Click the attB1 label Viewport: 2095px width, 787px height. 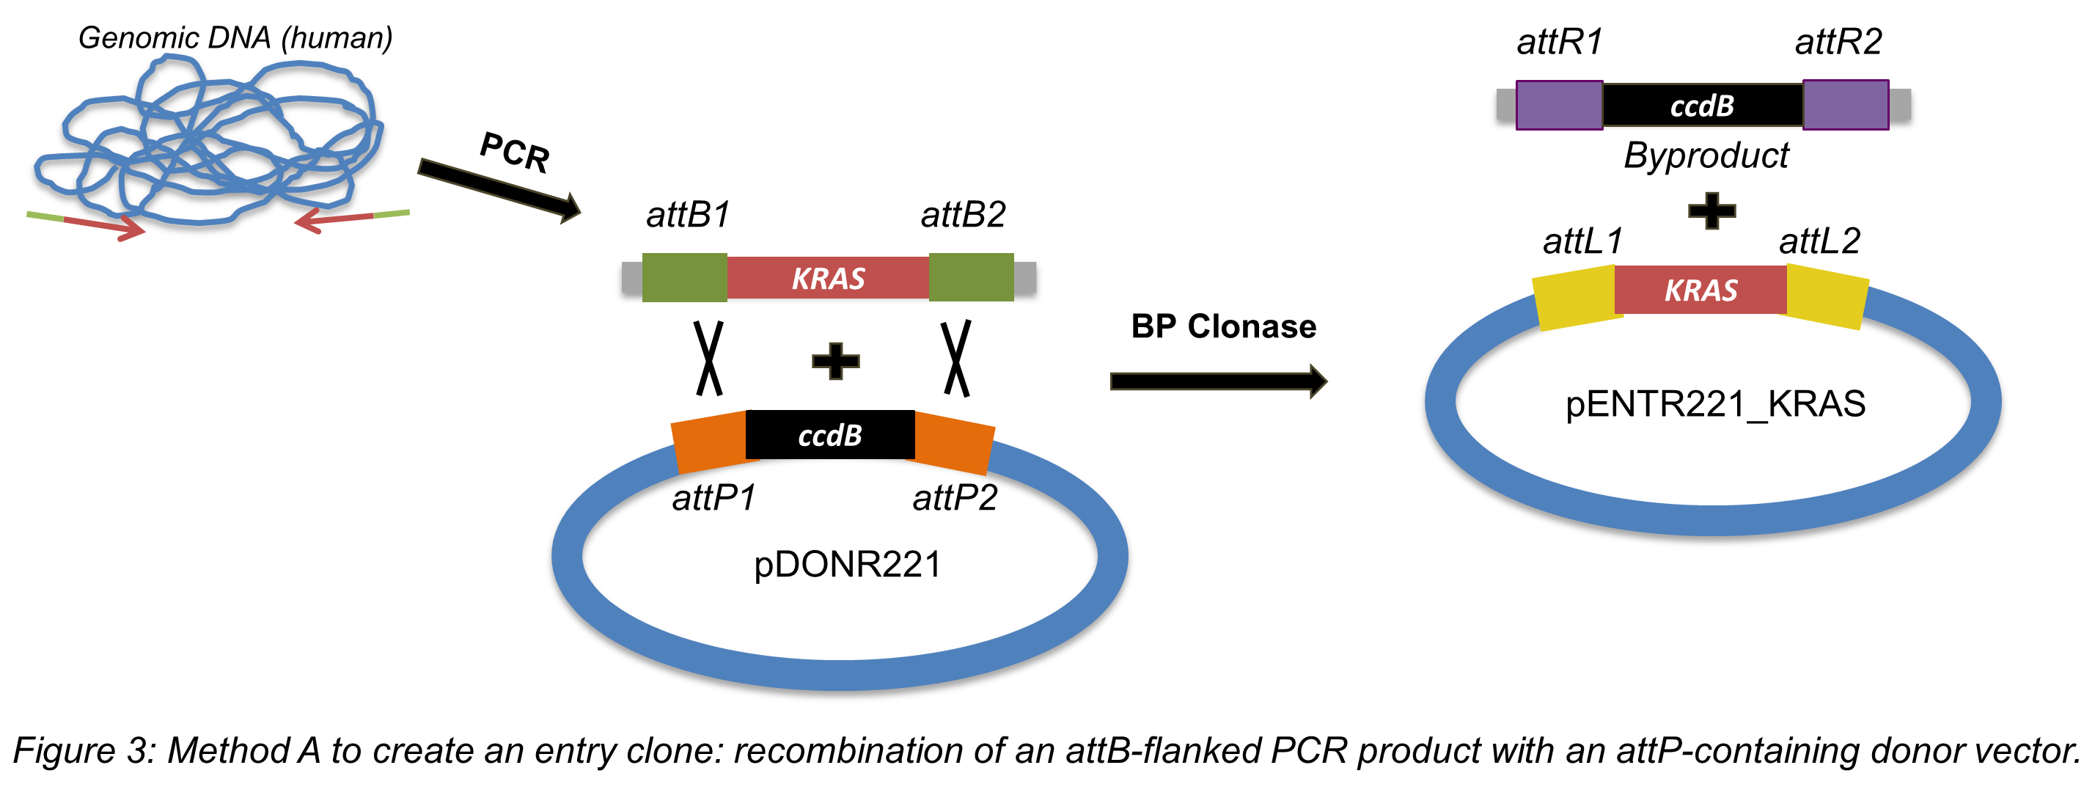[688, 215]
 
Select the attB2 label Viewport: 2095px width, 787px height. [963, 215]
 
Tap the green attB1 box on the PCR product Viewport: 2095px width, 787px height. [684, 277]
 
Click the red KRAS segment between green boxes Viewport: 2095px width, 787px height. [828, 278]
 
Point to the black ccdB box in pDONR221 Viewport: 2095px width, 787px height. [829, 435]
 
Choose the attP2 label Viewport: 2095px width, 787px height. [955, 497]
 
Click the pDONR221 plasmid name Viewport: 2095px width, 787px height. [847, 564]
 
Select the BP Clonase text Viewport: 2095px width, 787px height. [1223, 326]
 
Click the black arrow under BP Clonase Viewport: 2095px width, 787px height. [1217, 381]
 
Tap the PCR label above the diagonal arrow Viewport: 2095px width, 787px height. [515, 152]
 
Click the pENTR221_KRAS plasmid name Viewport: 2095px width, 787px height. [1714, 403]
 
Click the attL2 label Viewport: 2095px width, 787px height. [1819, 241]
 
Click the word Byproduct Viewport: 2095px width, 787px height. [1706, 155]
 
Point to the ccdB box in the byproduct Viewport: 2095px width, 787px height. [1702, 105]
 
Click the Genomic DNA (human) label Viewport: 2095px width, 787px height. [235, 37]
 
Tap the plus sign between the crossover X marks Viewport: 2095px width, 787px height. [835, 361]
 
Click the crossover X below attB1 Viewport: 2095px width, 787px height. [708, 358]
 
